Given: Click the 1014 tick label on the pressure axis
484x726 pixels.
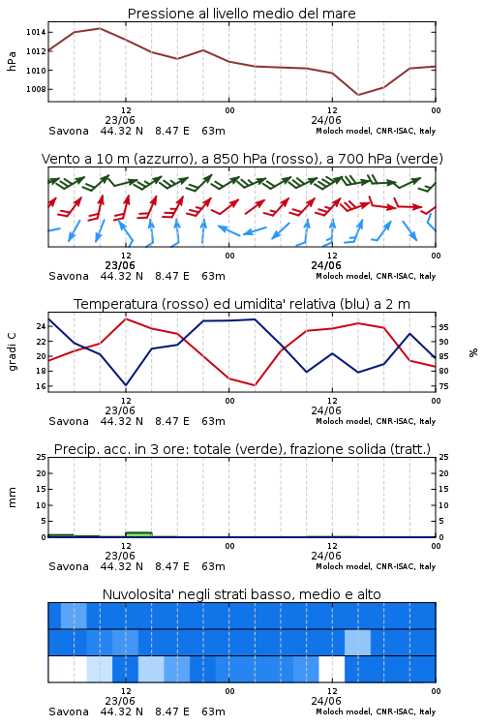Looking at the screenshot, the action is (x=36, y=32).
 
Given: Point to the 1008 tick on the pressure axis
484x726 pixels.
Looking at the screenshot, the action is (x=36, y=89).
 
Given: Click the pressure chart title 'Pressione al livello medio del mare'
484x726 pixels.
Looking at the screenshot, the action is (x=242, y=14).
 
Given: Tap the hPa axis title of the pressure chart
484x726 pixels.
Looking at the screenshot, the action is (x=12, y=61).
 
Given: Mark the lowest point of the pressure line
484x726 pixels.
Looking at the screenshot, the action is (x=358, y=95).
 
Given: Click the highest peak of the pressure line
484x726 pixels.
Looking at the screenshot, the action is (x=100, y=28).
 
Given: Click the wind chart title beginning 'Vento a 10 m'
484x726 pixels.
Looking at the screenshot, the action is (x=242, y=159).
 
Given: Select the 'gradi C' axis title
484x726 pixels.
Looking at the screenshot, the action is (x=13, y=351).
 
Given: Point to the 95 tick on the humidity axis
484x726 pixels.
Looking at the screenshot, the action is (x=443, y=327).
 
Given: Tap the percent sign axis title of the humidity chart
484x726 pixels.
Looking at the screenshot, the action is (x=473, y=352).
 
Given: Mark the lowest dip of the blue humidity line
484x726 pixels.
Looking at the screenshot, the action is (x=126, y=385).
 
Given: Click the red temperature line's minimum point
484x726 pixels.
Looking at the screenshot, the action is (x=255, y=385).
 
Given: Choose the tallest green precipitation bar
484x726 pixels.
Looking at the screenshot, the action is (x=138, y=534).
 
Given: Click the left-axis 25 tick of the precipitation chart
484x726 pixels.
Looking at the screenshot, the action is (x=42, y=457).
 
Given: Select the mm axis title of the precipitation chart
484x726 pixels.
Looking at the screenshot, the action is (x=12, y=498).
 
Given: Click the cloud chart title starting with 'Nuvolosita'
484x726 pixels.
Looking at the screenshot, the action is (x=242, y=594).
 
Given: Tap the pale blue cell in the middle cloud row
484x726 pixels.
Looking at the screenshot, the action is (x=357, y=642).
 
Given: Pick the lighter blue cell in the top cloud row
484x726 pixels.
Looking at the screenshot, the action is (x=74, y=616).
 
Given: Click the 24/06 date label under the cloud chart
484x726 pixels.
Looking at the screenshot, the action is (x=326, y=701).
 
